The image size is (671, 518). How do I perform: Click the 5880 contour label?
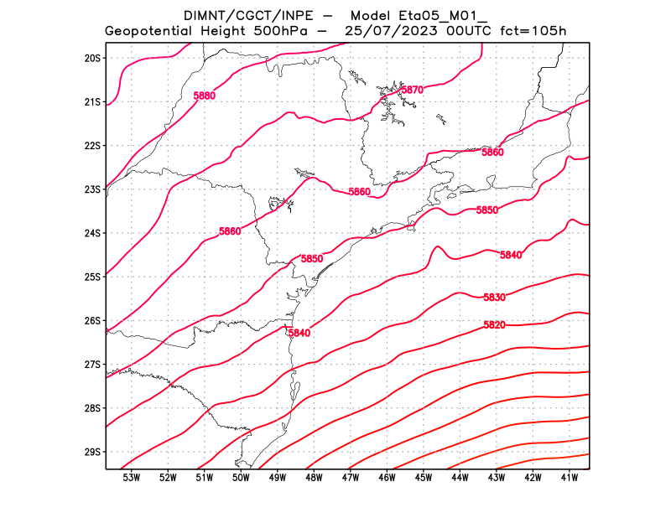204,96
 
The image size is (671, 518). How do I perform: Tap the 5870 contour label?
412,90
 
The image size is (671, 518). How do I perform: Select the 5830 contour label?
494,298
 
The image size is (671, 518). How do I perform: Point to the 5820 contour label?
494,325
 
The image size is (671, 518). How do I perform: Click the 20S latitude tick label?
92,58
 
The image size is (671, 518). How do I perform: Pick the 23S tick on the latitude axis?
92,189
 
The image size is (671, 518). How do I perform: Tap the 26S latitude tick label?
92,321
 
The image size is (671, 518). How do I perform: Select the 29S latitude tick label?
92,452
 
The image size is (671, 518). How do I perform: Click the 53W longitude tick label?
131,478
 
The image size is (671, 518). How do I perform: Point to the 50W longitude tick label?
241,478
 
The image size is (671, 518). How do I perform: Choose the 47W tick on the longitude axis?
351,478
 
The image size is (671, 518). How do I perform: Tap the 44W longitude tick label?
460,478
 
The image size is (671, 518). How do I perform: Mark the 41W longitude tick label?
570,478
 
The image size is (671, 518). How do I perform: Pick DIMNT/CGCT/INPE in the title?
243,15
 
